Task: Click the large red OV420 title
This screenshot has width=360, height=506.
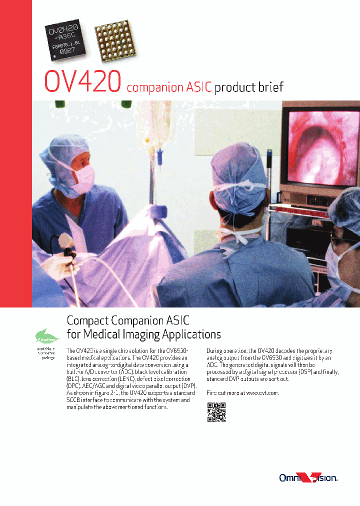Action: pos(83,81)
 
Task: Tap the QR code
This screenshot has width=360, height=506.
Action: pos(216,412)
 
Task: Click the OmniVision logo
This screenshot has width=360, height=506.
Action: pos(308,478)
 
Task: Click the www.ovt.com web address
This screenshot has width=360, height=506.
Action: pos(262,393)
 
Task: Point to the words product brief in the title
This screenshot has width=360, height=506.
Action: pos(249,87)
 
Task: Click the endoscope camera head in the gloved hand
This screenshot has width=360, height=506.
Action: pos(66,245)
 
